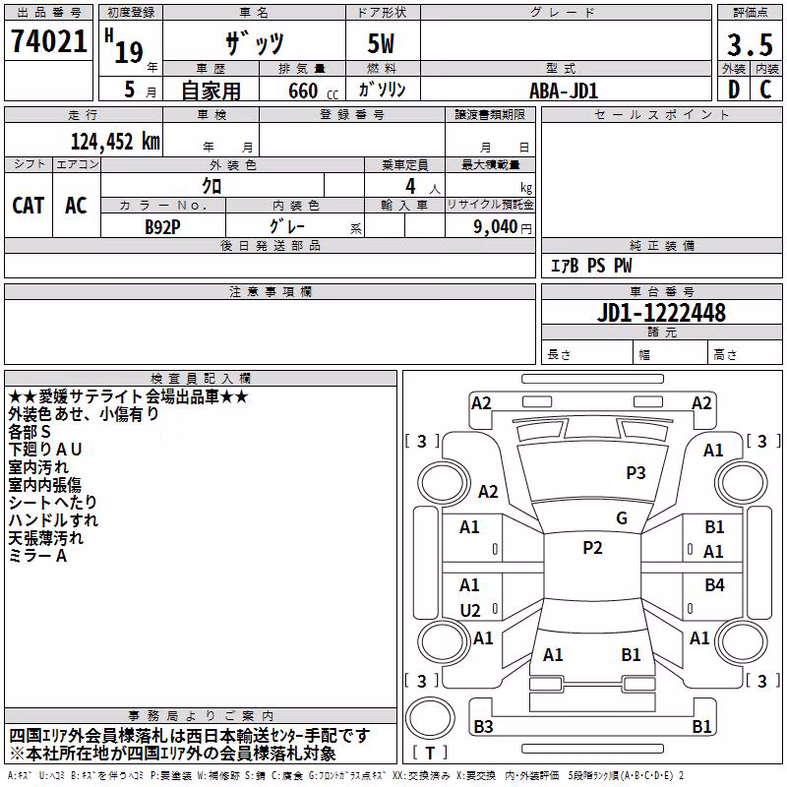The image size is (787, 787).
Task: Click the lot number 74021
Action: point(49,41)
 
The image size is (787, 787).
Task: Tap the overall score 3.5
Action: point(750,44)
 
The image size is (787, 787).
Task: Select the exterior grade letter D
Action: point(734,90)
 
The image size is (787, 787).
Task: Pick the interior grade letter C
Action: point(765,90)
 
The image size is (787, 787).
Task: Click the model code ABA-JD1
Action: point(564,91)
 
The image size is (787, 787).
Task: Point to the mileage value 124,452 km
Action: point(115,142)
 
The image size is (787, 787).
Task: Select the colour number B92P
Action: point(162,227)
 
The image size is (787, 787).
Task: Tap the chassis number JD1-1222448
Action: point(661,313)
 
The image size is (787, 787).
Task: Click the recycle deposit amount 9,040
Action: point(496,227)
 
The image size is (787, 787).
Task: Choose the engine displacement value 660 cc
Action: point(313,91)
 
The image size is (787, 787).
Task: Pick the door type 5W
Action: point(381,43)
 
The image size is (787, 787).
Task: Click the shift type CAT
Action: point(29,206)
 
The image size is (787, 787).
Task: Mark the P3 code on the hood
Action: point(636,473)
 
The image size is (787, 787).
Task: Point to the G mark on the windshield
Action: point(622,518)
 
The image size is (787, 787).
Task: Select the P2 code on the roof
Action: point(592,548)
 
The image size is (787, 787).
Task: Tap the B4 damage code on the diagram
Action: point(714,584)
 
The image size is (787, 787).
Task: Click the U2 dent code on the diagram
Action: point(470,610)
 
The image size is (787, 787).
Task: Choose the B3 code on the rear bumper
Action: point(483,726)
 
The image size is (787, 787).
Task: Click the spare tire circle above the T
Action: point(430,718)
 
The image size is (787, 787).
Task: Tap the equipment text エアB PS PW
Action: point(591,266)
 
